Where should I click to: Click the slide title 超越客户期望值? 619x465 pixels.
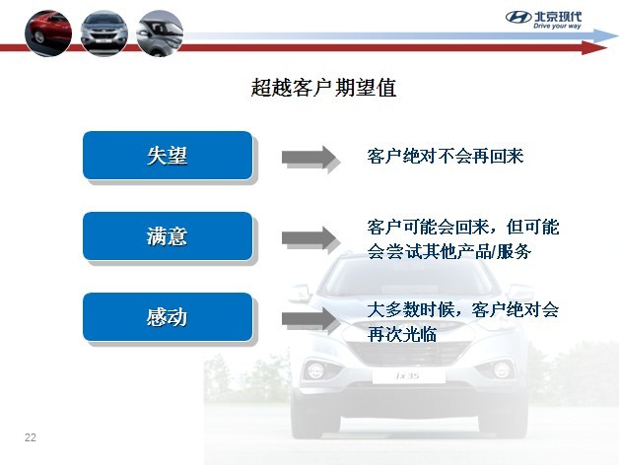click(x=323, y=88)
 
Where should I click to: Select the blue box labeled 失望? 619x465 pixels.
click(x=168, y=156)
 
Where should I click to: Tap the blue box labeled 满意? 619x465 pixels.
click(x=168, y=236)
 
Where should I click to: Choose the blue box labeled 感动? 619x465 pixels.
click(x=168, y=317)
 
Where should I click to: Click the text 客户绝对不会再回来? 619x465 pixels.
click(x=446, y=157)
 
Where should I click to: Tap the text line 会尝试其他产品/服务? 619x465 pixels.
click(x=449, y=251)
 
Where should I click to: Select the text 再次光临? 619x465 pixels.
click(x=402, y=334)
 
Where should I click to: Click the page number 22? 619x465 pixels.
click(x=30, y=437)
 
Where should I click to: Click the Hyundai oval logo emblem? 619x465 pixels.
click(x=518, y=18)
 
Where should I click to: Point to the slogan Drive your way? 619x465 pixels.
click(x=557, y=26)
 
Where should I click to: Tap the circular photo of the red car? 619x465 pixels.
click(x=48, y=33)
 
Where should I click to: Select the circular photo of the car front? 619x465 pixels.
click(x=104, y=33)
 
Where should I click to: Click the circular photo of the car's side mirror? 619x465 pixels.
click(x=160, y=33)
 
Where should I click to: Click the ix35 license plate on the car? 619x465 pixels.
click(x=409, y=376)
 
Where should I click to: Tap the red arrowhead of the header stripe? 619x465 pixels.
click(x=594, y=47)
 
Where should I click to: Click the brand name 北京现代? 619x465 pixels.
click(x=558, y=17)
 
